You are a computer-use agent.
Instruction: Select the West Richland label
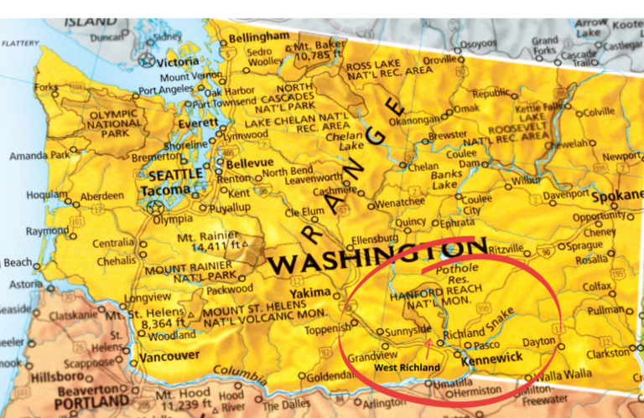pos(407,368)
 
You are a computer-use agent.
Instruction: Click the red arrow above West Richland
pos(429,349)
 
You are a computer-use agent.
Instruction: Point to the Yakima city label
pos(309,294)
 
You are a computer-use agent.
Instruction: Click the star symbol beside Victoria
pos(148,60)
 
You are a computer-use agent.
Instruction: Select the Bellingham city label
pos(256,39)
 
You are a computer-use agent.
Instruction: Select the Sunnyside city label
pos(408,331)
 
